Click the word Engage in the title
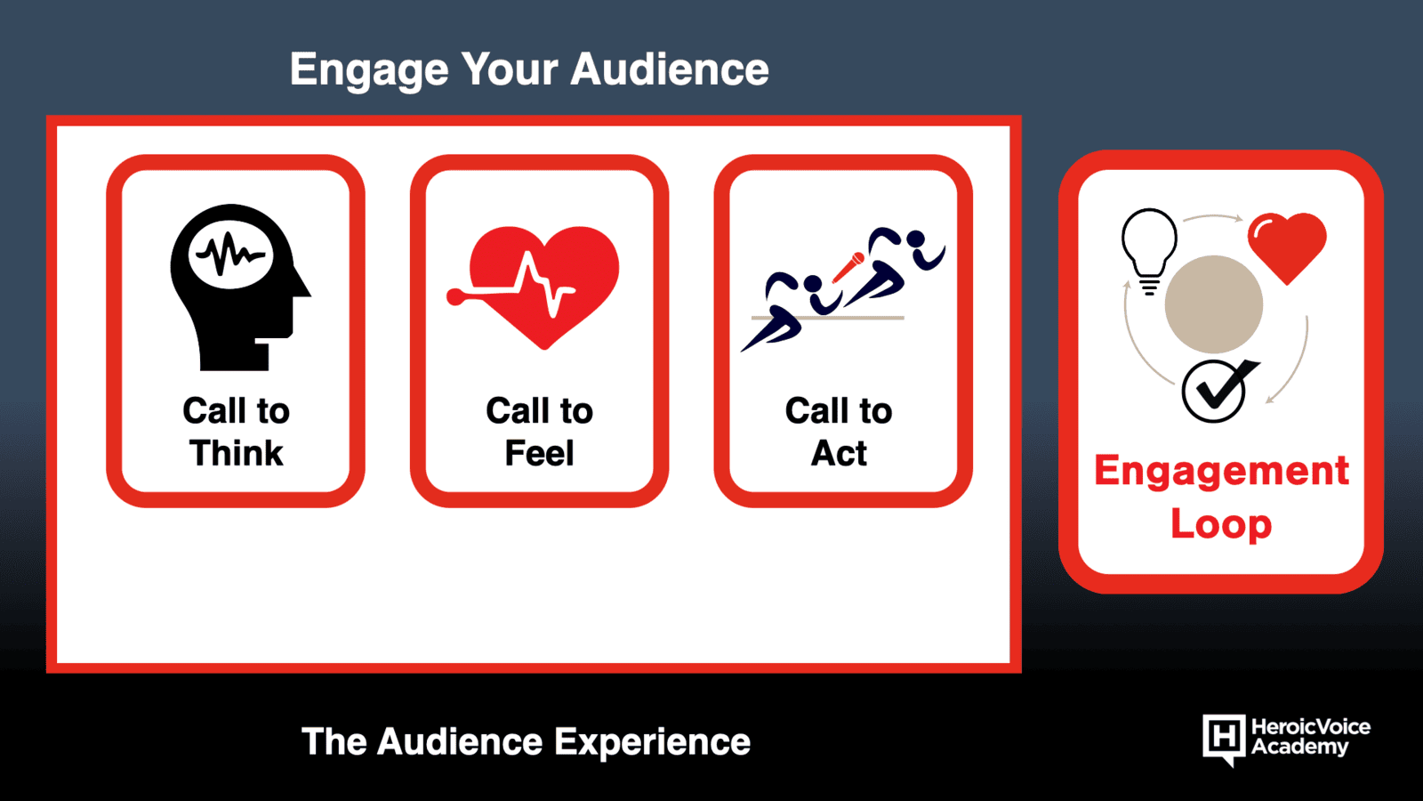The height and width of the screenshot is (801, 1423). (369, 71)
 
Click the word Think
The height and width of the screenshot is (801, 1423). (237, 453)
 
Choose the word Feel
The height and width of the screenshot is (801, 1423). (539, 453)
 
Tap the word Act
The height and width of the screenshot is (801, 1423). (839, 453)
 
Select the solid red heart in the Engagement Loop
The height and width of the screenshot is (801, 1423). (1287, 247)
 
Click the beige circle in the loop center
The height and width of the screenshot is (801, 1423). (1213, 304)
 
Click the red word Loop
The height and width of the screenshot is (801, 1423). (1221, 525)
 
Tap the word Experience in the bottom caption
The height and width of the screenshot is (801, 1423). (652, 742)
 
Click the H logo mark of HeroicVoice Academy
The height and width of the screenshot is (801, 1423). (1224, 739)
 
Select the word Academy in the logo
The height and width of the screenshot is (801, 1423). (1299, 747)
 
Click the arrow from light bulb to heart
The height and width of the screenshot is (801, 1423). (1212, 217)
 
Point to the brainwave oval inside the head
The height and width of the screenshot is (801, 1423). (231, 255)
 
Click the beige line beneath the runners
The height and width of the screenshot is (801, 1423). (827, 317)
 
